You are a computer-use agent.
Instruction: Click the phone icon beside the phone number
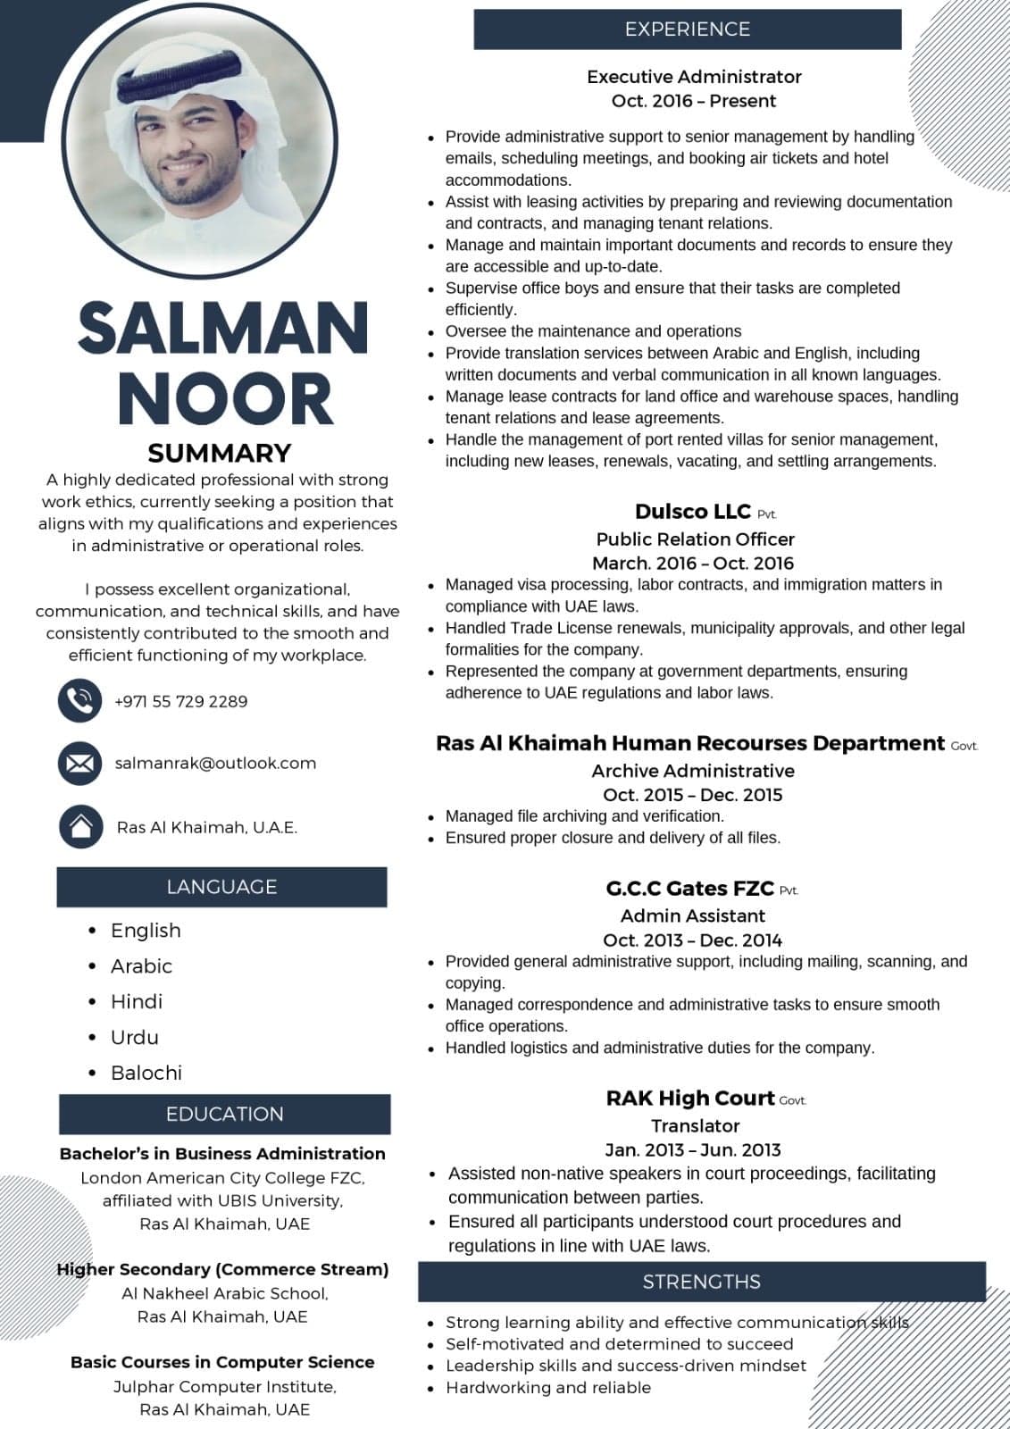80,700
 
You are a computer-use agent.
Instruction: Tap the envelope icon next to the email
80,764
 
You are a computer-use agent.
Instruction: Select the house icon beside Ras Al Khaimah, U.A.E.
80,826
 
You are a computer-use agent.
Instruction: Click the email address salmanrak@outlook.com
215,764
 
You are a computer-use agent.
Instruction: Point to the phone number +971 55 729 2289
181,701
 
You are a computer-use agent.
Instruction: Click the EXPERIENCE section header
687,29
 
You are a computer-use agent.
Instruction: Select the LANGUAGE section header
221,887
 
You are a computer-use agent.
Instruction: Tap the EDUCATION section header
224,1114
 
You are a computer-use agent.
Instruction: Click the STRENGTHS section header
701,1282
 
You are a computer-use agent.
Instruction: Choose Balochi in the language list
146,1073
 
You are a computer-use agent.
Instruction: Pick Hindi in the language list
136,1001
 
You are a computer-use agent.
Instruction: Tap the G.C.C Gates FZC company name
689,889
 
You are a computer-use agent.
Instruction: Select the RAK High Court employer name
690,1099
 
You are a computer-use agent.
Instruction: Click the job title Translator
695,1125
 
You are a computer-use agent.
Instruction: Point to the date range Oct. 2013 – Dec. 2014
692,940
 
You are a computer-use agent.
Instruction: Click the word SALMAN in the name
223,328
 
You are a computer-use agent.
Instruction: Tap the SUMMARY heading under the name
220,453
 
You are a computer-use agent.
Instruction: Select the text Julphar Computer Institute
224,1386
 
